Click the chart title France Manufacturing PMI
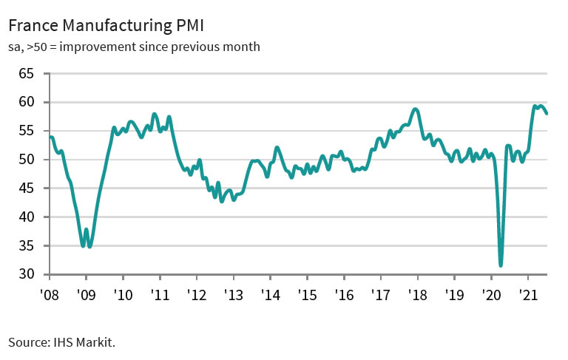click(x=106, y=27)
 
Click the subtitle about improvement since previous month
click(x=134, y=47)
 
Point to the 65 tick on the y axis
click(x=27, y=74)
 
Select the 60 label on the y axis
click(x=27, y=103)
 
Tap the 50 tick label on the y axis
click(x=27, y=160)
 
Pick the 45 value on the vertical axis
click(x=27, y=189)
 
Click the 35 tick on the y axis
click(x=27, y=246)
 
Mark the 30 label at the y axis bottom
click(x=27, y=274)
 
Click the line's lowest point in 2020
click(x=501, y=265)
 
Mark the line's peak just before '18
click(x=416, y=109)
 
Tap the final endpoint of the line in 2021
click(x=547, y=113)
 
